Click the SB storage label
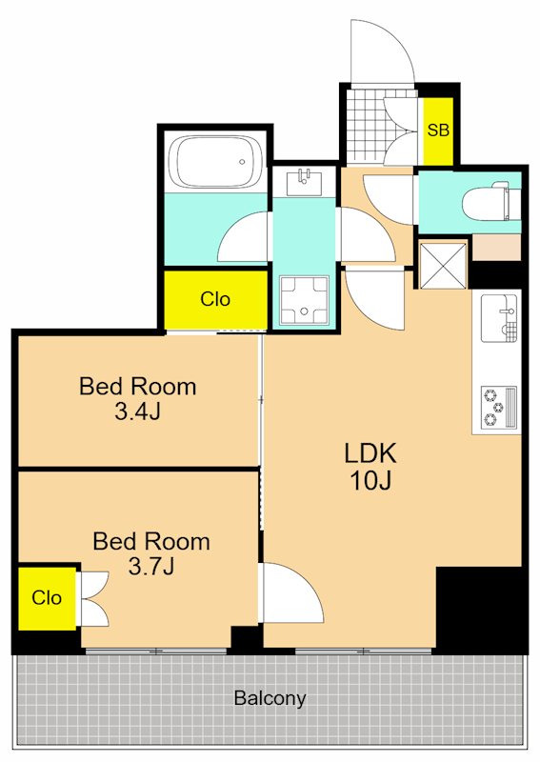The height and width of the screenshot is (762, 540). tap(438, 130)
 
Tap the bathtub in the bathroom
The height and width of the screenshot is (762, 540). tap(215, 162)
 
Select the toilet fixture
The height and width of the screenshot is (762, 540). tap(486, 201)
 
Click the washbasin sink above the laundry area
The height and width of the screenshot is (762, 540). tap(304, 182)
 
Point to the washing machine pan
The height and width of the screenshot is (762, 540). tap(304, 299)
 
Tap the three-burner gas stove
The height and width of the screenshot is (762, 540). tap(499, 408)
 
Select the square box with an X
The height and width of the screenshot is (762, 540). tap(443, 266)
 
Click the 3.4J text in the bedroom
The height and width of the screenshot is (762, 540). tap(137, 412)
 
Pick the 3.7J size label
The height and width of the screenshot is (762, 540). tap(151, 566)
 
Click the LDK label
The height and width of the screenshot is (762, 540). tap(370, 453)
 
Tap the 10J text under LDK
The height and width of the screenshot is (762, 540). tap(370, 481)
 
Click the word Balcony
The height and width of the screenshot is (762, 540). tap(270, 698)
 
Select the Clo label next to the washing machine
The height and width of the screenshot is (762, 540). tap(215, 299)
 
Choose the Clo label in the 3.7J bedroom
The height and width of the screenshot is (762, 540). tap(47, 598)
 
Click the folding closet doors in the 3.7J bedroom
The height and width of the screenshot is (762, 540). tap(93, 599)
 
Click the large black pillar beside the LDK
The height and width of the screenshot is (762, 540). tap(480, 609)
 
